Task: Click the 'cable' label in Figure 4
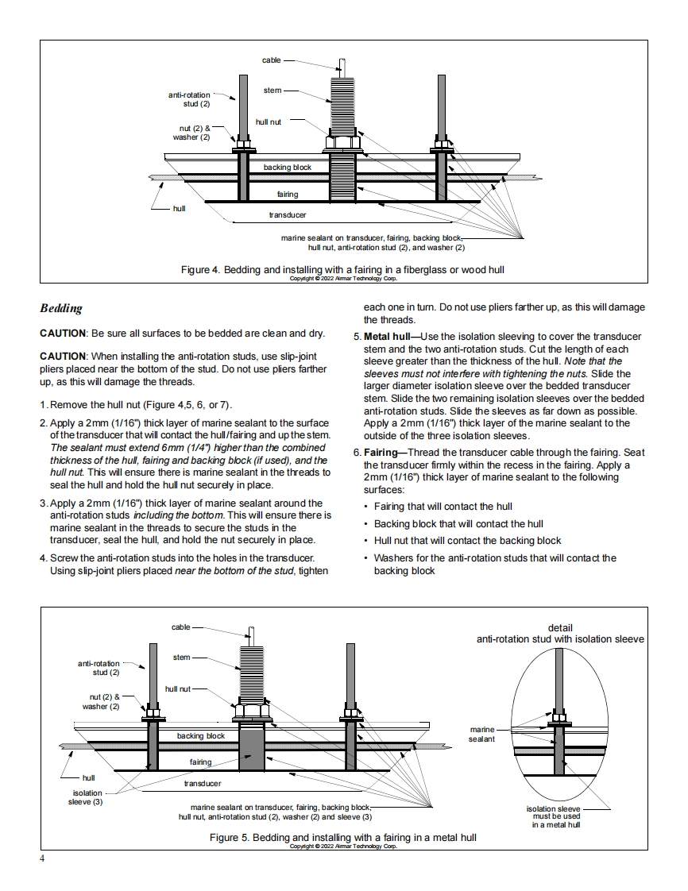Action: tap(271, 60)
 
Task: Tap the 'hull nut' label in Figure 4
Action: tap(269, 121)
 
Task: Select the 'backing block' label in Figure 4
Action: tap(288, 168)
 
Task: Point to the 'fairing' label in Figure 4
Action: tap(288, 195)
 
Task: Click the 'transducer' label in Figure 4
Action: tap(288, 215)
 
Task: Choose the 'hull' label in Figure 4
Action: tap(180, 209)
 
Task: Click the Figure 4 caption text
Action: tap(342, 270)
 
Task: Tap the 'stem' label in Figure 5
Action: tap(181, 658)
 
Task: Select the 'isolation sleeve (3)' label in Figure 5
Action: tap(87, 797)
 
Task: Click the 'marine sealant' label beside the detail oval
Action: tap(482, 734)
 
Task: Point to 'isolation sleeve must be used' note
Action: tap(556, 816)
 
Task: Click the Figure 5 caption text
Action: tap(342, 837)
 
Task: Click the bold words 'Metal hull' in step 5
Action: tap(386, 337)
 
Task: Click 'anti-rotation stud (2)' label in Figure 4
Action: tap(189, 99)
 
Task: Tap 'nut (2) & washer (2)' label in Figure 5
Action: tap(101, 701)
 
